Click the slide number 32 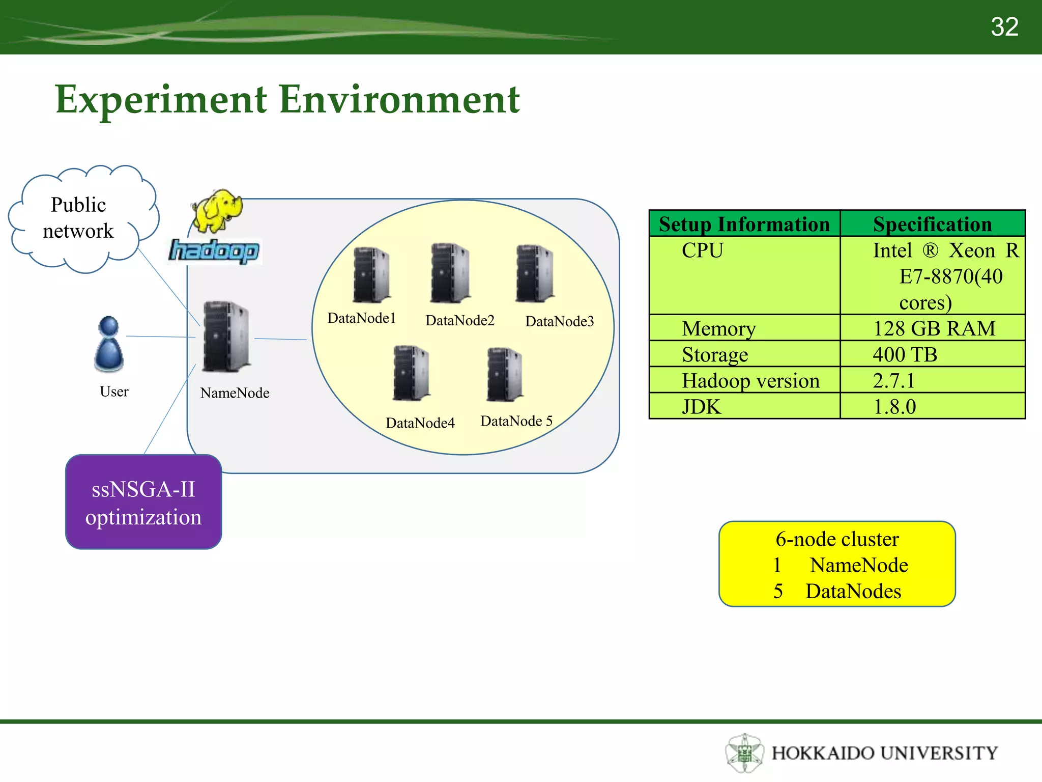click(1004, 26)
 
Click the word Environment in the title click(399, 99)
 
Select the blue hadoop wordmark click(214, 251)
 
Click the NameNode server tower click(226, 337)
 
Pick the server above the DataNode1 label click(371, 275)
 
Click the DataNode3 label click(559, 321)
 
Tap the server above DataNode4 click(411, 373)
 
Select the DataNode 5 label click(516, 421)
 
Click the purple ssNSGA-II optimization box click(143, 502)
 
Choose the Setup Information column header click(744, 224)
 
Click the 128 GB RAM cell click(934, 328)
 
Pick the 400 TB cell click(905, 354)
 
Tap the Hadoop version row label click(750, 380)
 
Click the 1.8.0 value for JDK click(894, 407)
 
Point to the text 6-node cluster click(837, 539)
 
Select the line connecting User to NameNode click(161, 337)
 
